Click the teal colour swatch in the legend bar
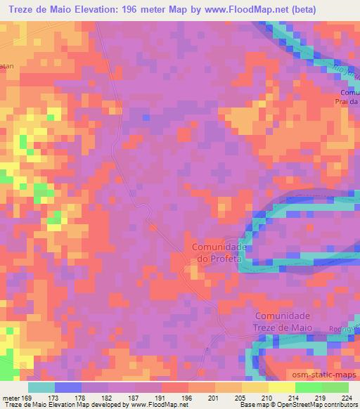(41, 387)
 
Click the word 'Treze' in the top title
(24, 9)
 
